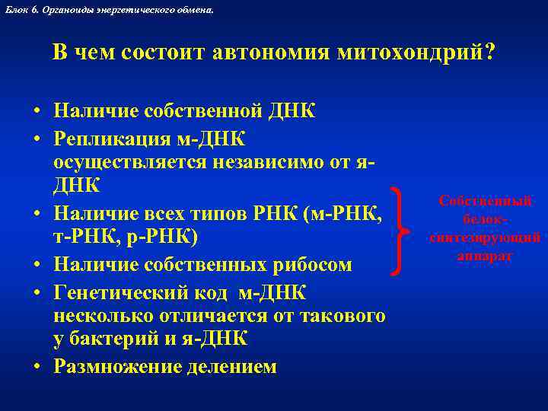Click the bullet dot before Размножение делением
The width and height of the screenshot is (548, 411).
click(37, 367)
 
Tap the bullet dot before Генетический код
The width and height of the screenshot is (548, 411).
click(37, 292)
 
